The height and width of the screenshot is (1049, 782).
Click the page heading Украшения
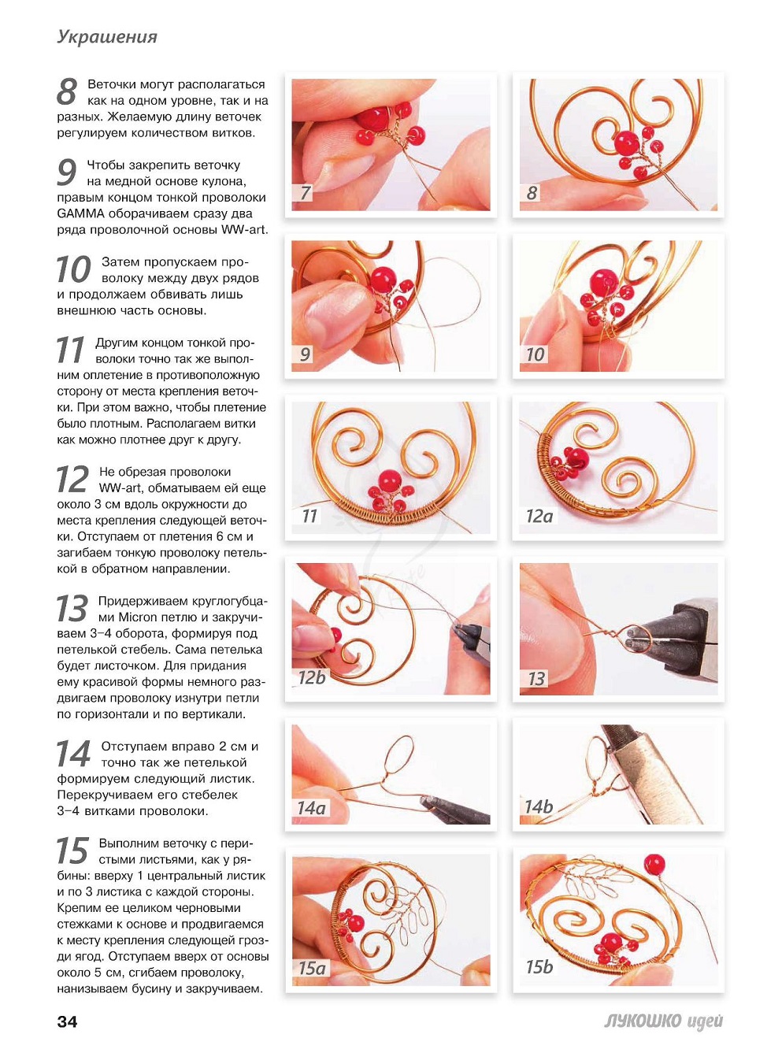pos(107,37)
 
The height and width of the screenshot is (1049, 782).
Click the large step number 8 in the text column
pos(67,91)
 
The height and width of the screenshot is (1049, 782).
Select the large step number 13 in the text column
pos(72,608)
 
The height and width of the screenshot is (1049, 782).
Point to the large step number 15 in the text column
pos(72,851)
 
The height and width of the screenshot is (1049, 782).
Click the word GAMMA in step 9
pos(80,213)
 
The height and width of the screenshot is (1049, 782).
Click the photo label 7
pos(306,194)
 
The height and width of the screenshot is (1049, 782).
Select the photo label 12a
pos(539,516)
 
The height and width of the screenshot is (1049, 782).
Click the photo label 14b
pos(539,807)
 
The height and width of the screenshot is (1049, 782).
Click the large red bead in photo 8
pos(626,142)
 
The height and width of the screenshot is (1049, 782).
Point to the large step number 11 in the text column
pos(70,350)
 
